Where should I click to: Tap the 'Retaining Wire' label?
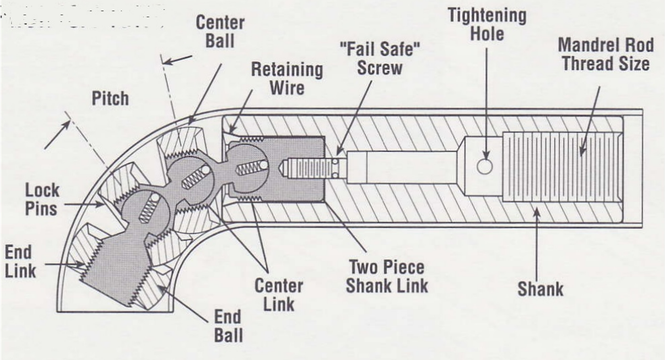(286, 78)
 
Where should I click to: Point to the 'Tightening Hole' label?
(487, 24)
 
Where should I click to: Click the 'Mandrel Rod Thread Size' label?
(604, 54)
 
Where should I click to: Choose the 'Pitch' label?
(110, 98)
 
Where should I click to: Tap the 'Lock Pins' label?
(42, 199)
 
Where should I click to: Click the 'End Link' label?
(20, 261)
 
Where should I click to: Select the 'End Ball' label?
(228, 326)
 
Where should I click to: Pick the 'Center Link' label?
(278, 294)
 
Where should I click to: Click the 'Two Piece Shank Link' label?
(387, 276)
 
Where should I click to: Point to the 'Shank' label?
(540, 289)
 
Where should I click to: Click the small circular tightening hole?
(485, 167)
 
